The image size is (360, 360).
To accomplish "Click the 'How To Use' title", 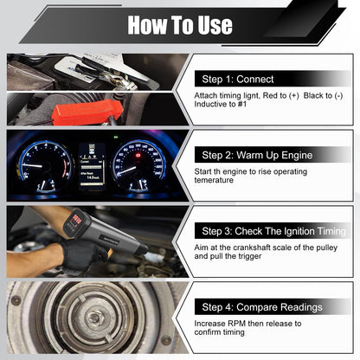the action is coord(180,25).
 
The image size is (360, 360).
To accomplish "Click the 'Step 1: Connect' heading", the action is coord(238,79).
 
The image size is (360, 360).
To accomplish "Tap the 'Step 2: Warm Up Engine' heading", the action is coord(257,155).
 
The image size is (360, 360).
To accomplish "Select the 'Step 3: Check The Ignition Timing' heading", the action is coord(273,231).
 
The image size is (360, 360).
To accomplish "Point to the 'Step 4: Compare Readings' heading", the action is coord(262,307).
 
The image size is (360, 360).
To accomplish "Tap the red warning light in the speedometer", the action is coord(138,156).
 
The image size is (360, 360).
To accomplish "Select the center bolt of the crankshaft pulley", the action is coord(94,318).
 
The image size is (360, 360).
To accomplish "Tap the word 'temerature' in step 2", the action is coord(214,180).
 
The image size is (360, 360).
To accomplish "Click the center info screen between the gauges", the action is coord(92,166).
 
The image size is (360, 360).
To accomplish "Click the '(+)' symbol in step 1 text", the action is coord(294,95).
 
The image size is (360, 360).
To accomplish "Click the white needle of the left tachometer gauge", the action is coord(32,165).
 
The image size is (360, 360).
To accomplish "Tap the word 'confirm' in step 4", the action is coord(207,332).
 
